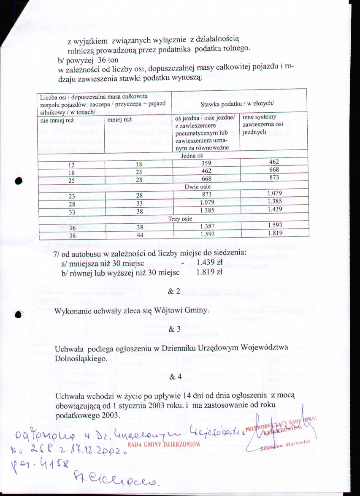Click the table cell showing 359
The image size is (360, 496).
pyautogui.click(x=206, y=162)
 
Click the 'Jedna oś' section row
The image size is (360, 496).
pyautogui.click(x=172, y=155)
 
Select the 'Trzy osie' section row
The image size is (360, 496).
pyautogui.click(x=172, y=220)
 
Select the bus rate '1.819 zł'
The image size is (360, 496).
pyautogui.click(x=204, y=273)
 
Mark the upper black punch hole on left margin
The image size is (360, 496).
pyautogui.click(x=17, y=181)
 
